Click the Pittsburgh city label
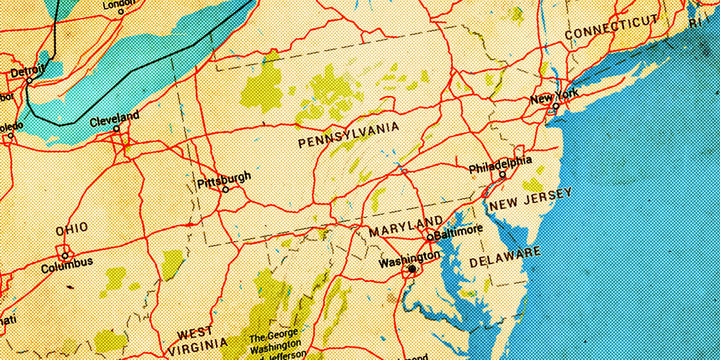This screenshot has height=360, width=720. (224, 179)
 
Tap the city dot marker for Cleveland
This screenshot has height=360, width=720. (116, 128)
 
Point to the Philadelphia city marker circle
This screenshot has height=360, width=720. (503, 175)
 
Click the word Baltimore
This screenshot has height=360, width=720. (458, 230)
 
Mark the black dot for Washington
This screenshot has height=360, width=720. (412, 269)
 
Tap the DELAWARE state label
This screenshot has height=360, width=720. (505, 257)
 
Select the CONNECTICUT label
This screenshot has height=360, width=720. (611, 28)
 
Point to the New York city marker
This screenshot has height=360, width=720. (556, 106)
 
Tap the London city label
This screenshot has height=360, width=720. (120, 5)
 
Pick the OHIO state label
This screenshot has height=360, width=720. (72, 229)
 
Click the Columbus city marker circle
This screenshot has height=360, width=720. (65, 255)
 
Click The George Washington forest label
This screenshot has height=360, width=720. (276, 342)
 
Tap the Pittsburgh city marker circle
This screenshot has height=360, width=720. (226, 190)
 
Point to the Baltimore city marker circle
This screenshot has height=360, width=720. (430, 237)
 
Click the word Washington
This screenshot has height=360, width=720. (409, 259)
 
